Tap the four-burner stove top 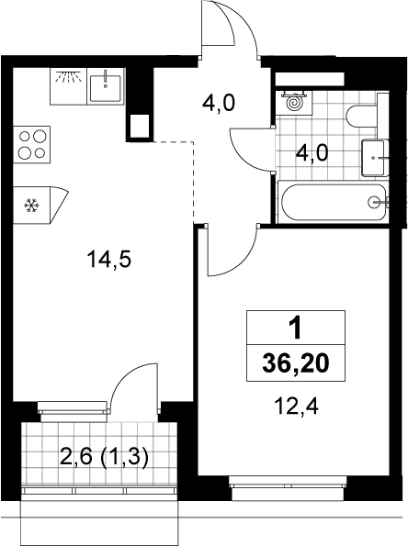tap(32, 144)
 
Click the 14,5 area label tap(109, 260)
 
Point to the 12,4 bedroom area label tap(296, 407)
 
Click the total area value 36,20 tap(296, 364)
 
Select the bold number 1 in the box tap(296, 329)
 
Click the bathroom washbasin tap(375, 158)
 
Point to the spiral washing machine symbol tap(293, 103)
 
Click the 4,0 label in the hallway tap(219, 104)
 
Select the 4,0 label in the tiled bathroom tap(312, 153)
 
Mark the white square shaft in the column tap(140, 127)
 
